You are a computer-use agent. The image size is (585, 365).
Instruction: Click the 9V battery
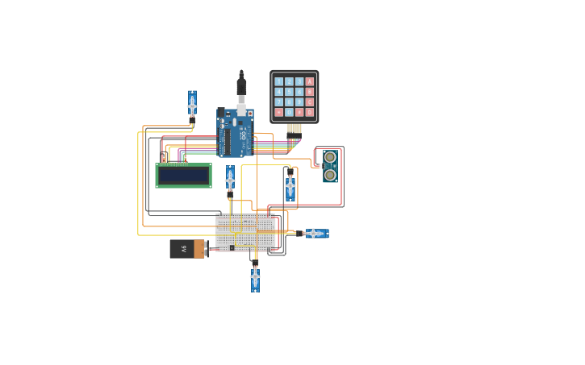coord(187,249)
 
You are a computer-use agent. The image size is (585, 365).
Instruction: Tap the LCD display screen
coord(183,176)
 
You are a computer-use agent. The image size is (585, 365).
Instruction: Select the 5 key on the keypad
coord(289,92)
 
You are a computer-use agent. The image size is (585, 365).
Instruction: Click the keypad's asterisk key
coord(279,112)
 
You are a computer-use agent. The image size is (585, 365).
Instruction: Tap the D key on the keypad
coord(309,112)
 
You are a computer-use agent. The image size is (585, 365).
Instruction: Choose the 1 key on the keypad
coord(279,81)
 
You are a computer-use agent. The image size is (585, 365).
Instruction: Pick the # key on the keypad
coord(299,112)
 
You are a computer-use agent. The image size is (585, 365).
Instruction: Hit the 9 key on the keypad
coord(299,102)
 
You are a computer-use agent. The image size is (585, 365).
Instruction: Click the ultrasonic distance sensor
coord(330,166)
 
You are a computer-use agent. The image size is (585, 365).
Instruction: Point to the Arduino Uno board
coord(235,133)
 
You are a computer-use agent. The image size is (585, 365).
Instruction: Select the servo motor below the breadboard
coord(255,277)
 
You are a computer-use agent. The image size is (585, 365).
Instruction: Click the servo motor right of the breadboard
coord(315,234)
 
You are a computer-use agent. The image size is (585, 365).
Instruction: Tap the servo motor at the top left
coord(192,105)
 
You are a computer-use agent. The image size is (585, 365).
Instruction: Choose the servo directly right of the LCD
coord(230,180)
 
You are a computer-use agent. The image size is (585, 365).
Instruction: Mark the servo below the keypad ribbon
coord(290,186)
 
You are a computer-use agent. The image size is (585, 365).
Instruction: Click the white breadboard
coord(245,231)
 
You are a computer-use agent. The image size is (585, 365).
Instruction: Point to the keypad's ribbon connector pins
coord(294,129)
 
